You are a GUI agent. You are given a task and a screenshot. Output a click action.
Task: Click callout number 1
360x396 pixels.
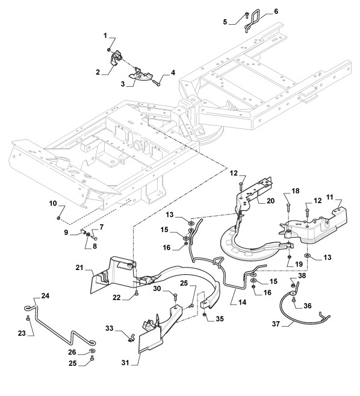click(x=105, y=36)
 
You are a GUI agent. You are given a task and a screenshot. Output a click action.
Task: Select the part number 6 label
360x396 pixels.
click(x=276, y=11)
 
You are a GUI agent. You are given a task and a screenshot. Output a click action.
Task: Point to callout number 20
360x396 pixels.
click(x=270, y=201)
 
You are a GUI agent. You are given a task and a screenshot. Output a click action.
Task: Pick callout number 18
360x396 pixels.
click(x=296, y=191)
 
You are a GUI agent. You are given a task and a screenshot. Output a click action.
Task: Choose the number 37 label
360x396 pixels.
click(x=276, y=324)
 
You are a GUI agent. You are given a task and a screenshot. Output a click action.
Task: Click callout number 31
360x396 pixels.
click(x=125, y=363)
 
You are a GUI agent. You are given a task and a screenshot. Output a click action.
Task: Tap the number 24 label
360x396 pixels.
click(x=45, y=296)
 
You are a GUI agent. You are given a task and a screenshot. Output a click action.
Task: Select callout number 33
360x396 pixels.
click(x=110, y=328)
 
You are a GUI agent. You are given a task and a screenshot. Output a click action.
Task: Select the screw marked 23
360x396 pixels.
click(x=28, y=318)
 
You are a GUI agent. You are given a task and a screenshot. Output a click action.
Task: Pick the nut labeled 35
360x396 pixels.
click(x=205, y=315)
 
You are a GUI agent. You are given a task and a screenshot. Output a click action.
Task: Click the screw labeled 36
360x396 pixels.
click(x=294, y=300)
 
